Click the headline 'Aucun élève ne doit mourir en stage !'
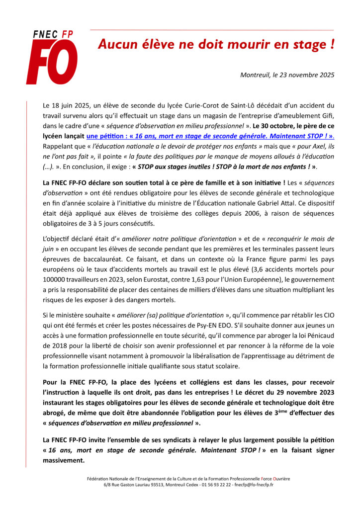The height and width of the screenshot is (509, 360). point(216,45)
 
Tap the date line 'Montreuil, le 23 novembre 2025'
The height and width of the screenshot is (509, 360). point(287,75)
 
